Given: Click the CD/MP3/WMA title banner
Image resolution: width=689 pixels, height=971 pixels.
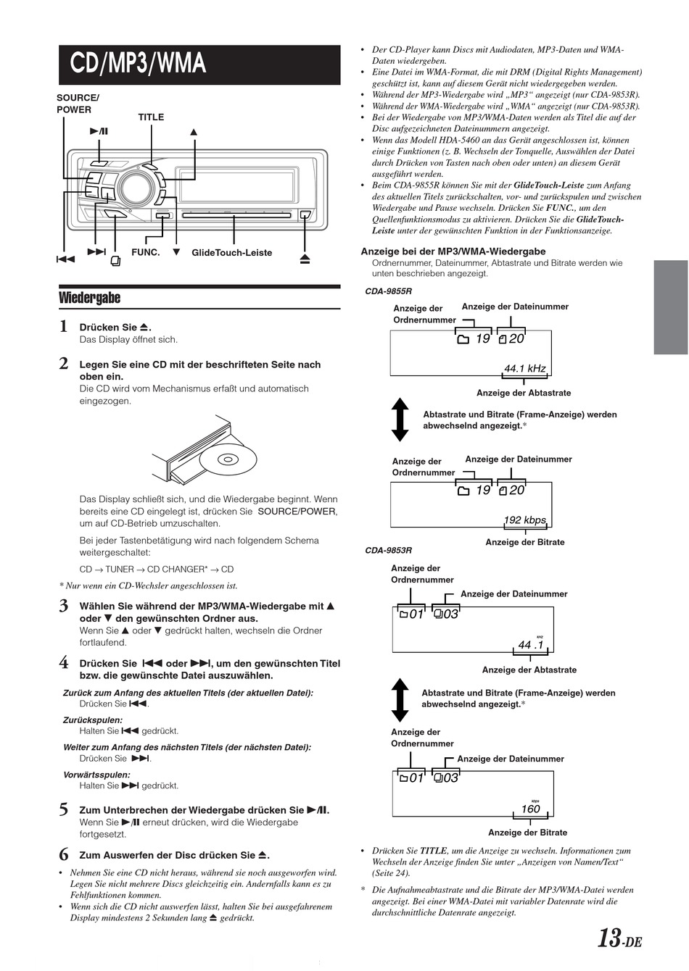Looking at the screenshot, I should [x=199, y=64].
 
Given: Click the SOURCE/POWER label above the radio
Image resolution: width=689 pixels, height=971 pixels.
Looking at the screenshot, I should [x=77, y=104].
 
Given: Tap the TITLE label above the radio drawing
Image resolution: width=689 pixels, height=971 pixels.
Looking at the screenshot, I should [x=151, y=117].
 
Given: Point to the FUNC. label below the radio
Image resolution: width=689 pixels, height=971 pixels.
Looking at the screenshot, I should [x=145, y=252].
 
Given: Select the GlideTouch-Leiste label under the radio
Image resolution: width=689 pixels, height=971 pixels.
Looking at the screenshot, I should [x=232, y=253].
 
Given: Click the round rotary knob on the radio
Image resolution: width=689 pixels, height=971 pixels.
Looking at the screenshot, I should [x=135, y=188].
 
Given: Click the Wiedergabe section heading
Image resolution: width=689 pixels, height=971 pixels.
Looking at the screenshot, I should [x=89, y=298].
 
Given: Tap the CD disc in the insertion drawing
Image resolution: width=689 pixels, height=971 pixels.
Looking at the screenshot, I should [x=227, y=459].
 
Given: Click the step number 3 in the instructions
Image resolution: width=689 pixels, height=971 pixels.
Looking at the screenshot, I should [x=64, y=607].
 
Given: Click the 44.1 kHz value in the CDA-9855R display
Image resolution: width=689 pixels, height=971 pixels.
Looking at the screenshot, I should [x=524, y=369].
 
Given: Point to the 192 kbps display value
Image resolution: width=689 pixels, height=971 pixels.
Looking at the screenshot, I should [x=524, y=520].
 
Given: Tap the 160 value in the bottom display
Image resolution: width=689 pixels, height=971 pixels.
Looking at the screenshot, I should [x=530, y=809].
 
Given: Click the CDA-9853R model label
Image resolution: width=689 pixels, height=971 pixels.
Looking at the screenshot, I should [x=388, y=551].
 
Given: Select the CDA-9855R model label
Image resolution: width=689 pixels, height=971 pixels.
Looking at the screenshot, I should [x=388, y=291].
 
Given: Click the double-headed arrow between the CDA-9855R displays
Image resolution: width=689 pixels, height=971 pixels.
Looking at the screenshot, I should [x=400, y=419].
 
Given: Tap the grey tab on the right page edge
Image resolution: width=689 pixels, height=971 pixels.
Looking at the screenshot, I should [x=670, y=307].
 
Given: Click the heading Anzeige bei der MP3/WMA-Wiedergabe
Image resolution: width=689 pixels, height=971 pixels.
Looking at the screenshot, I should [x=453, y=251].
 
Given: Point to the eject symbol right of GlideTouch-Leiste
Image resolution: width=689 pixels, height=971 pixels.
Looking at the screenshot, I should [x=305, y=257].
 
